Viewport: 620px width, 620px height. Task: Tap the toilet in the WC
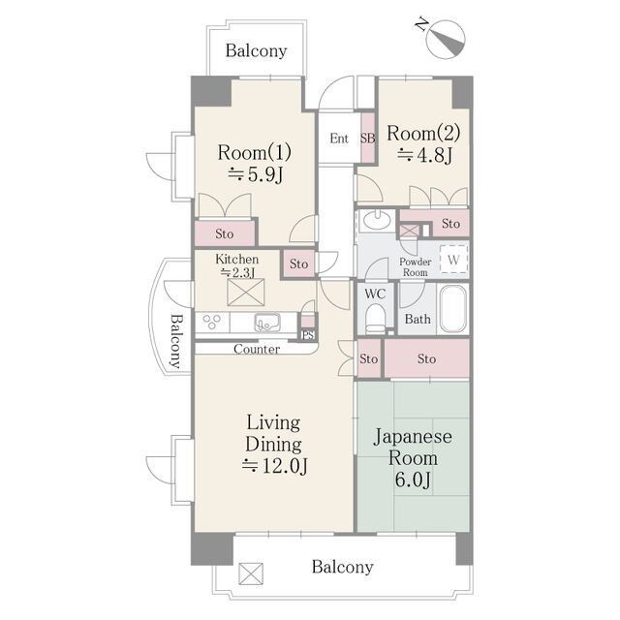[x=375, y=319]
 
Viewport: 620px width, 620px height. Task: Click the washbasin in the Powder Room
[x=377, y=221]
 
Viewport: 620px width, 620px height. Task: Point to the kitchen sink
[x=267, y=323]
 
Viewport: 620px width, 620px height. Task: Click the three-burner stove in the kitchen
[x=212, y=322]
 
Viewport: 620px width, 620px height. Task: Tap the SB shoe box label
[x=367, y=139]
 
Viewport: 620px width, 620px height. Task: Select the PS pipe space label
[x=308, y=335]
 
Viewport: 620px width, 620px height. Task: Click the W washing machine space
[x=453, y=260]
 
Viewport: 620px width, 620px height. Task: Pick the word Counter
[x=257, y=349]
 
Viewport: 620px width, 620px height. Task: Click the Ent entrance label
[x=339, y=139]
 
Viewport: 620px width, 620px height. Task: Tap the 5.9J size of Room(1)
[x=256, y=174]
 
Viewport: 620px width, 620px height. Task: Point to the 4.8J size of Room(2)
[x=424, y=155]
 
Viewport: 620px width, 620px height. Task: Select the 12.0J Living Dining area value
[x=274, y=466]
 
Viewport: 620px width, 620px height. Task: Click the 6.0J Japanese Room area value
[x=413, y=480]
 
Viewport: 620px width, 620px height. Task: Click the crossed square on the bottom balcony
[x=251, y=573]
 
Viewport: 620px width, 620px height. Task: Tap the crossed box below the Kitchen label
[x=245, y=293]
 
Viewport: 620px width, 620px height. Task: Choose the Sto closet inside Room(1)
[x=225, y=233]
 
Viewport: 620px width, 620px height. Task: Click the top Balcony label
[x=256, y=50]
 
